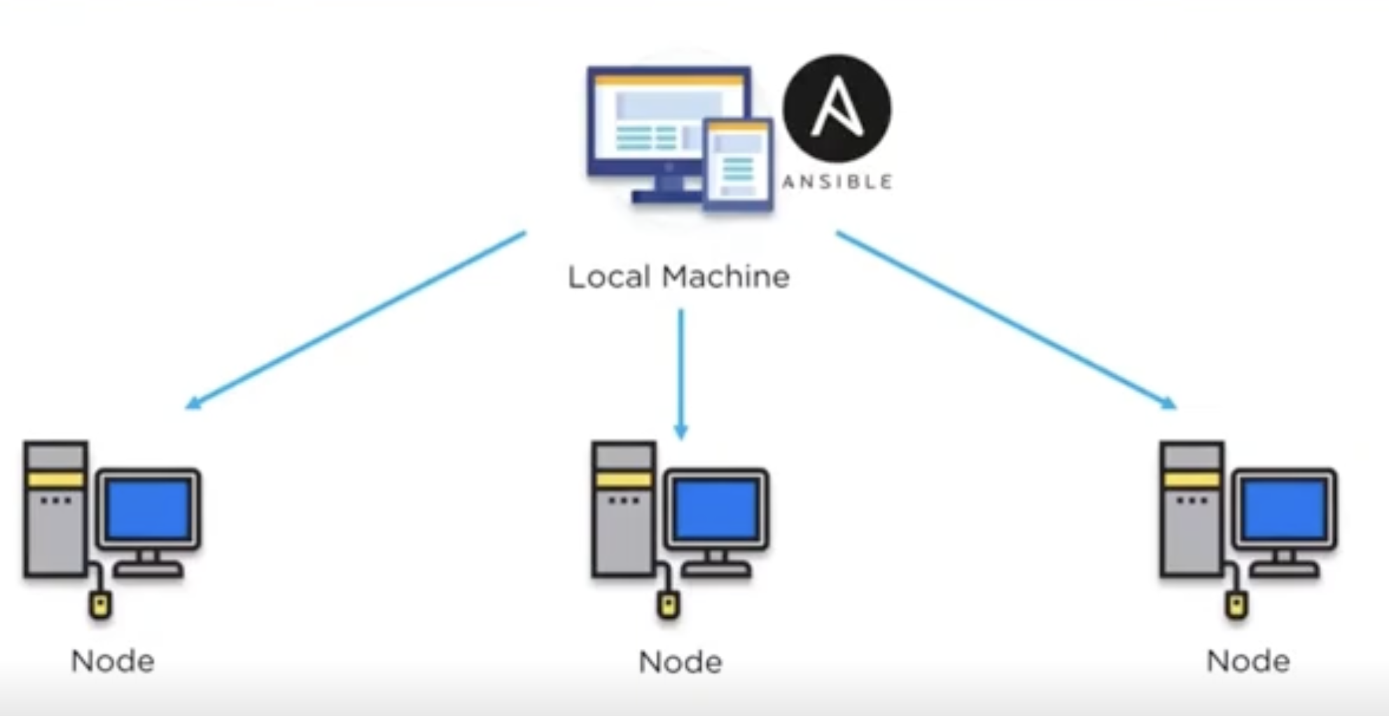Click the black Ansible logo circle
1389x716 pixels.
pos(837,109)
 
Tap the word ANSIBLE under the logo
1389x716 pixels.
pos(837,182)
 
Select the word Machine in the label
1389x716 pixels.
pos(726,277)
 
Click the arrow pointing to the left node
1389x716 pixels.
pos(356,319)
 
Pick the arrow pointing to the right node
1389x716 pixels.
pos(1005,319)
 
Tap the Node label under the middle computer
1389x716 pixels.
pos(680,662)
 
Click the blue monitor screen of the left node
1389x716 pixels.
pos(148,509)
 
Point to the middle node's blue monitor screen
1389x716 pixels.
pos(716,509)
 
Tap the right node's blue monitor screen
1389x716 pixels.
pos(1284,509)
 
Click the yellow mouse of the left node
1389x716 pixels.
pos(100,605)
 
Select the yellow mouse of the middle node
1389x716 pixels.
pos(668,605)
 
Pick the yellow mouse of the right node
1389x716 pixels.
pos(1236,605)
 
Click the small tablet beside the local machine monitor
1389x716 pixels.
pos(738,165)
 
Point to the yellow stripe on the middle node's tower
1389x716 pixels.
pos(623,480)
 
